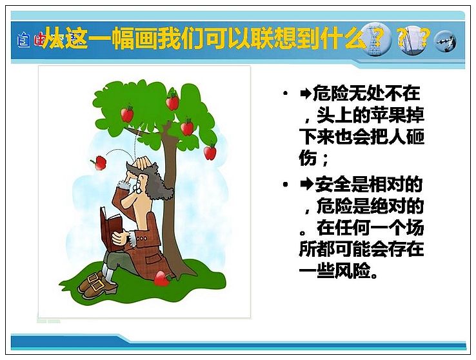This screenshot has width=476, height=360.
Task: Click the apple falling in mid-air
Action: tap(99, 163)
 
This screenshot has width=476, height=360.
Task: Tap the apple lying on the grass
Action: tap(162, 279)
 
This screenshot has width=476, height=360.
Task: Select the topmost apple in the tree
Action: tap(172, 100)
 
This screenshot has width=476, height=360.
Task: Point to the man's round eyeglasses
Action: tap(137, 186)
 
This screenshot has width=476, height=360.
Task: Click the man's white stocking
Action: tap(108, 273)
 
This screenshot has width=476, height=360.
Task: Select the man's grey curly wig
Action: tap(154, 182)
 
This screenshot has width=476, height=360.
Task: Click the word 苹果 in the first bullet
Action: tap(388, 115)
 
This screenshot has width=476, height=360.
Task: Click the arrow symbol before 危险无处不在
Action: tap(305, 94)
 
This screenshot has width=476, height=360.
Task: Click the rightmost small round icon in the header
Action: tap(445, 41)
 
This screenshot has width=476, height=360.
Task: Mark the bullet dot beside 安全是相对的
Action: tap(285, 184)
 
